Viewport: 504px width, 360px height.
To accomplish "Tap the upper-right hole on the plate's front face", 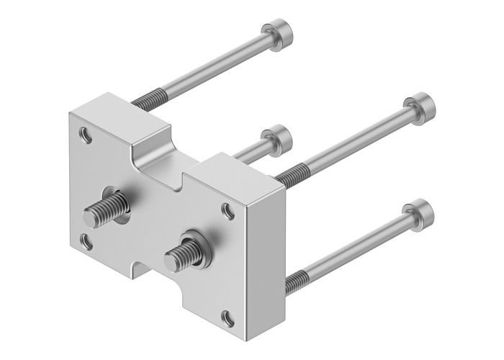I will click(x=228, y=211).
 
